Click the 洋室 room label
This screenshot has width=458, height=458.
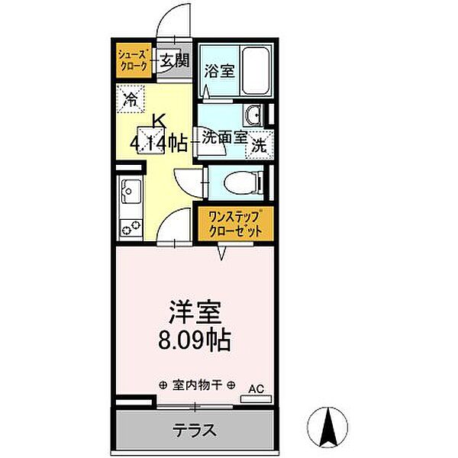[195, 312]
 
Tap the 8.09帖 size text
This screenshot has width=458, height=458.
[195, 339]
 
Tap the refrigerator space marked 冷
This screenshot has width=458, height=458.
[131, 98]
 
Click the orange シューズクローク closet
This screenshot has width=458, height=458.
[132, 60]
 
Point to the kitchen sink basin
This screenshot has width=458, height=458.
[131, 189]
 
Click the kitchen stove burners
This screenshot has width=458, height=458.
[131, 226]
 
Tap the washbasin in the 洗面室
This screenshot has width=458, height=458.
[253, 115]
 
